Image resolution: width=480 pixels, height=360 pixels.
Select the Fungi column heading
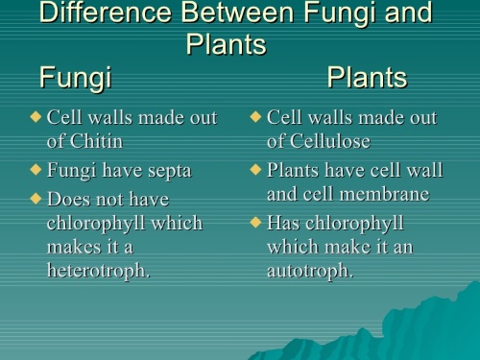pyautogui.click(x=75, y=77)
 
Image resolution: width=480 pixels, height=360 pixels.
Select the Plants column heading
pyautogui.click(x=367, y=77)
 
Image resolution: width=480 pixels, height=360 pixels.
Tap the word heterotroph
pyautogui.click(x=98, y=270)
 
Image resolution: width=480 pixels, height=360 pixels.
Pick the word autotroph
pyautogui.click(x=309, y=270)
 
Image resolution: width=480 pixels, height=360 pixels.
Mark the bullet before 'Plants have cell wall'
pyautogui.click(x=255, y=171)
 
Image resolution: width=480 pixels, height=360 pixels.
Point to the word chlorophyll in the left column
pyautogui.click(x=125, y=223)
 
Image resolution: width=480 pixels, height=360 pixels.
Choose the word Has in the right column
pyautogui.click(x=284, y=223)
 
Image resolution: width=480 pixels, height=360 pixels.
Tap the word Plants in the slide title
pyautogui.click(x=225, y=45)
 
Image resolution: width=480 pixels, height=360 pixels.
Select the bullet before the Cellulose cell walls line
pyautogui.click(x=255, y=117)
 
